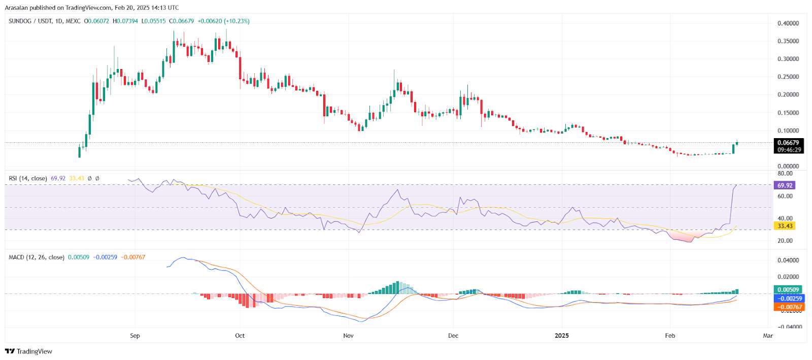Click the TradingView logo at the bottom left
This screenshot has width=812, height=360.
pos(29,351)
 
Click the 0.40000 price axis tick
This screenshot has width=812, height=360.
pos(788,23)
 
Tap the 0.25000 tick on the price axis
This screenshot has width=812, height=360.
pos(788,77)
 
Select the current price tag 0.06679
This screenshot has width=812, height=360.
pos(788,143)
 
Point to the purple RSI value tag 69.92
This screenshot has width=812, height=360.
pos(785,185)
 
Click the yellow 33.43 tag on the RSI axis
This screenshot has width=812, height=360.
pos(785,226)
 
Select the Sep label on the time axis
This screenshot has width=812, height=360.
pos(135,336)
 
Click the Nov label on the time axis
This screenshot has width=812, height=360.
pos(348,336)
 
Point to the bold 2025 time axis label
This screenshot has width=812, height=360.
pos(562,336)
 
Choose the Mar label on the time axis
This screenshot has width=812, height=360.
pos(768,336)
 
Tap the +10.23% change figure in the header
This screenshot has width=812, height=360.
pos(238,21)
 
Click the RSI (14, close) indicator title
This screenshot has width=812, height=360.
pos(28,178)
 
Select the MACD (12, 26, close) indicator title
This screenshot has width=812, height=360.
pos(37,257)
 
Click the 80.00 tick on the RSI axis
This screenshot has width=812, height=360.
pos(785,174)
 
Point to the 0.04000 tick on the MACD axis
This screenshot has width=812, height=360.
pos(788,260)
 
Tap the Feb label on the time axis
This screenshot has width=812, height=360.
pos(670,336)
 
